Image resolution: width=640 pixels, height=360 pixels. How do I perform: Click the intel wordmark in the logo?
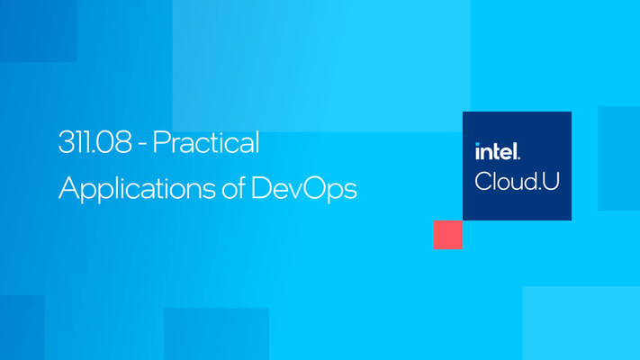tap(497, 152)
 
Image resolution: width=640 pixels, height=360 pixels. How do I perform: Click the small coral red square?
tap(447, 235)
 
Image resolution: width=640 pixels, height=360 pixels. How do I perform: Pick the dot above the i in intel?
tap(478, 145)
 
